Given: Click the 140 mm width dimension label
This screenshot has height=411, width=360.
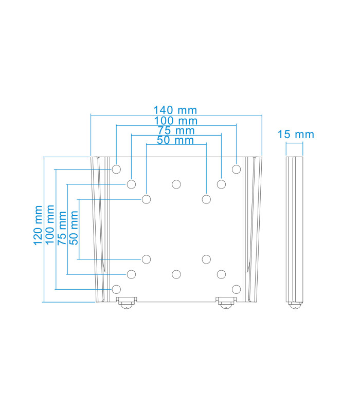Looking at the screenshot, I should click(175, 110).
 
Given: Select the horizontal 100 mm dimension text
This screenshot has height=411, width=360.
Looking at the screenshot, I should click(175, 121).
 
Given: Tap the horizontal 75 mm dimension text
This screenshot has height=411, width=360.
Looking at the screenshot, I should click(175, 130).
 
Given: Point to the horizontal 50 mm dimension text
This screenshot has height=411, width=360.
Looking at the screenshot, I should click(175, 140).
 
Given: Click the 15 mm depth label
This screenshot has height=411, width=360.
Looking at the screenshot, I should click(295, 135).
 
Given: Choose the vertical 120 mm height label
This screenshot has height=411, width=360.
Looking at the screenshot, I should click(38, 226).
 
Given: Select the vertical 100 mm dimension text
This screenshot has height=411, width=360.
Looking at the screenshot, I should click(50, 226).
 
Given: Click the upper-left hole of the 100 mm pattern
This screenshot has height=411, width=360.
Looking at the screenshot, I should click(116, 169).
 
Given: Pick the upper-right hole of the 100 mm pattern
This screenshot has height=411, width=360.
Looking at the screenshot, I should click(236, 169).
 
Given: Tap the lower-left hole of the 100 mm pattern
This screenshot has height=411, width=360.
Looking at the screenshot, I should click(116, 289).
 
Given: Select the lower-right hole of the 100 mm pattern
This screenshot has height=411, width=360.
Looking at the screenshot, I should click(236, 289).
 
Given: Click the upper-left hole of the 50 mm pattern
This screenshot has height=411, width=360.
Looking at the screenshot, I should click(147, 199).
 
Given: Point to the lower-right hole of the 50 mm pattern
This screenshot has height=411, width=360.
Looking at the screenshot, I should click(206, 259).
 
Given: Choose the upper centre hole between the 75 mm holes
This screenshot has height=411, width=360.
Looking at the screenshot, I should click(176, 184).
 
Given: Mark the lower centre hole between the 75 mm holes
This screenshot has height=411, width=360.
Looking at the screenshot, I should click(176, 274).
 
